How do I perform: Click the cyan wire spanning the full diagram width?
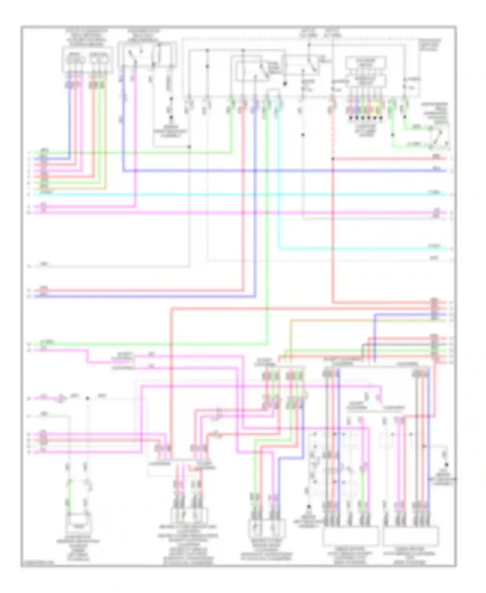click(x=227, y=195)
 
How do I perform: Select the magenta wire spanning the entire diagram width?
click(x=227, y=213)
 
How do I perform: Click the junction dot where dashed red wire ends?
click(x=333, y=159)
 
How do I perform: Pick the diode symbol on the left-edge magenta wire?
click(x=61, y=398)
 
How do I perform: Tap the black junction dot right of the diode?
click(x=87, y=398)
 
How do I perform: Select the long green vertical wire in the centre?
click(x=267, y=227)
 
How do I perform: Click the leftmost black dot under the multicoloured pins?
click(x=350, y=118)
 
